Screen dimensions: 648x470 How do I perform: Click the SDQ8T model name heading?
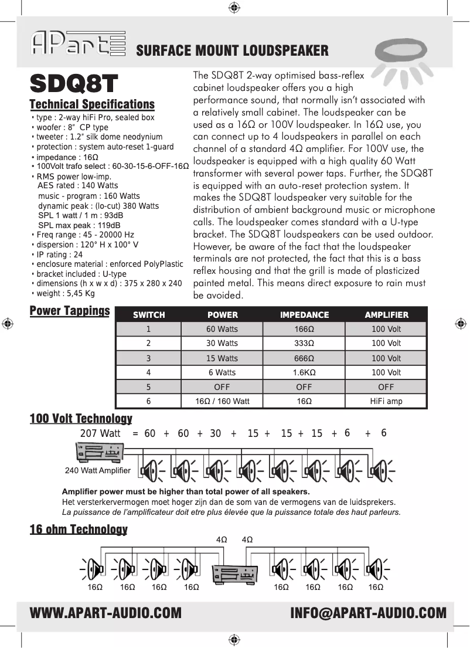pos(74,84)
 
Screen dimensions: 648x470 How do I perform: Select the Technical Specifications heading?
pos(92,104)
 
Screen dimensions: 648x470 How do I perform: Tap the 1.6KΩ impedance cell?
pos(304,372)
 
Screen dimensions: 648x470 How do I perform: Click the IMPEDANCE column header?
pos(304,315)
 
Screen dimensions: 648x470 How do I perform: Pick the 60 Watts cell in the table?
pos(222,329)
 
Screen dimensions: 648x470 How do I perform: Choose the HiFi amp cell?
pos(386,402)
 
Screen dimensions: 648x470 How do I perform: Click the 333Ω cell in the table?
pos(304,344)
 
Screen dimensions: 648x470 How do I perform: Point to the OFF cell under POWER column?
pos(222,387)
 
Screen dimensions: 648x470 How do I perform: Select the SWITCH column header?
pos(149,315)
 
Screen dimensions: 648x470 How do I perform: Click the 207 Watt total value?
pos(100,433)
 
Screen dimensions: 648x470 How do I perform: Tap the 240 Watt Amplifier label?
pos(97,470)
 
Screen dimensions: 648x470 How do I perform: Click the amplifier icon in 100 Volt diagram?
pos(100,453)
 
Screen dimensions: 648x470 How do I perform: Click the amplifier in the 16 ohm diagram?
pos(235,573)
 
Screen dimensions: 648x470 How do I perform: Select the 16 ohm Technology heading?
pos(79,530)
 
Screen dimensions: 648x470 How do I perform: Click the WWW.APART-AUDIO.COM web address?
pos(105,613)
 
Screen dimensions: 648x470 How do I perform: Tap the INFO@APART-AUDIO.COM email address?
pos(368,613)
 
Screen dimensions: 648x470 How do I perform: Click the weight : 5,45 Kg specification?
pos(64,293)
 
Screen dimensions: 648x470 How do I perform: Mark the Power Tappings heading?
pos(70,310)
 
